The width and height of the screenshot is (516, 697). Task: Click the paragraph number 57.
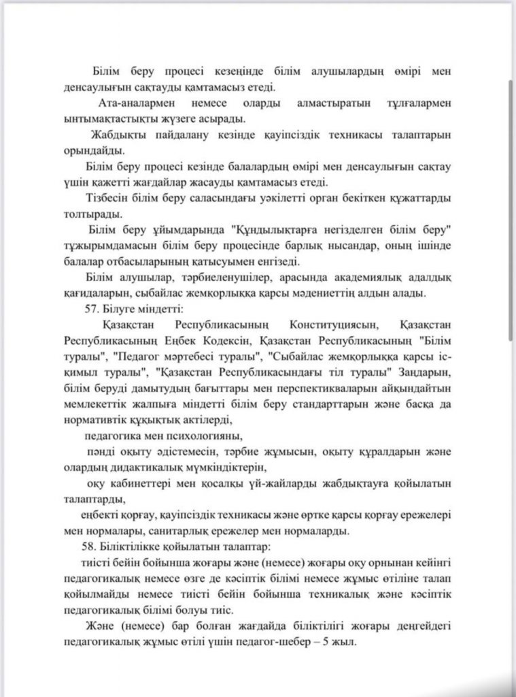89,308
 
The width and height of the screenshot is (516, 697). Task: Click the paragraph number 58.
89,547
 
